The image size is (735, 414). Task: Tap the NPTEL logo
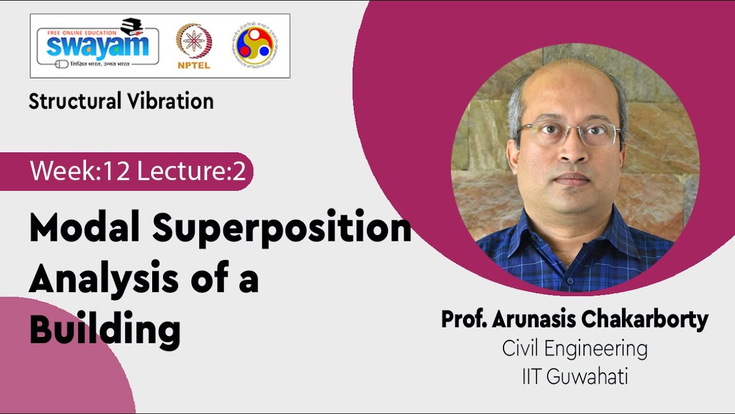click(x=194, y=46)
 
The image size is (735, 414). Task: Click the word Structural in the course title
click(x=73, y=102)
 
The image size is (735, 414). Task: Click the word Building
click(x=105, y=328)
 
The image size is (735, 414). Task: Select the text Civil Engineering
click(x=575, y=348)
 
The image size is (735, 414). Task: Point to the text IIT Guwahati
click(x=575, y=377)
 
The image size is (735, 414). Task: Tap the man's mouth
click(x=572, y=179)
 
